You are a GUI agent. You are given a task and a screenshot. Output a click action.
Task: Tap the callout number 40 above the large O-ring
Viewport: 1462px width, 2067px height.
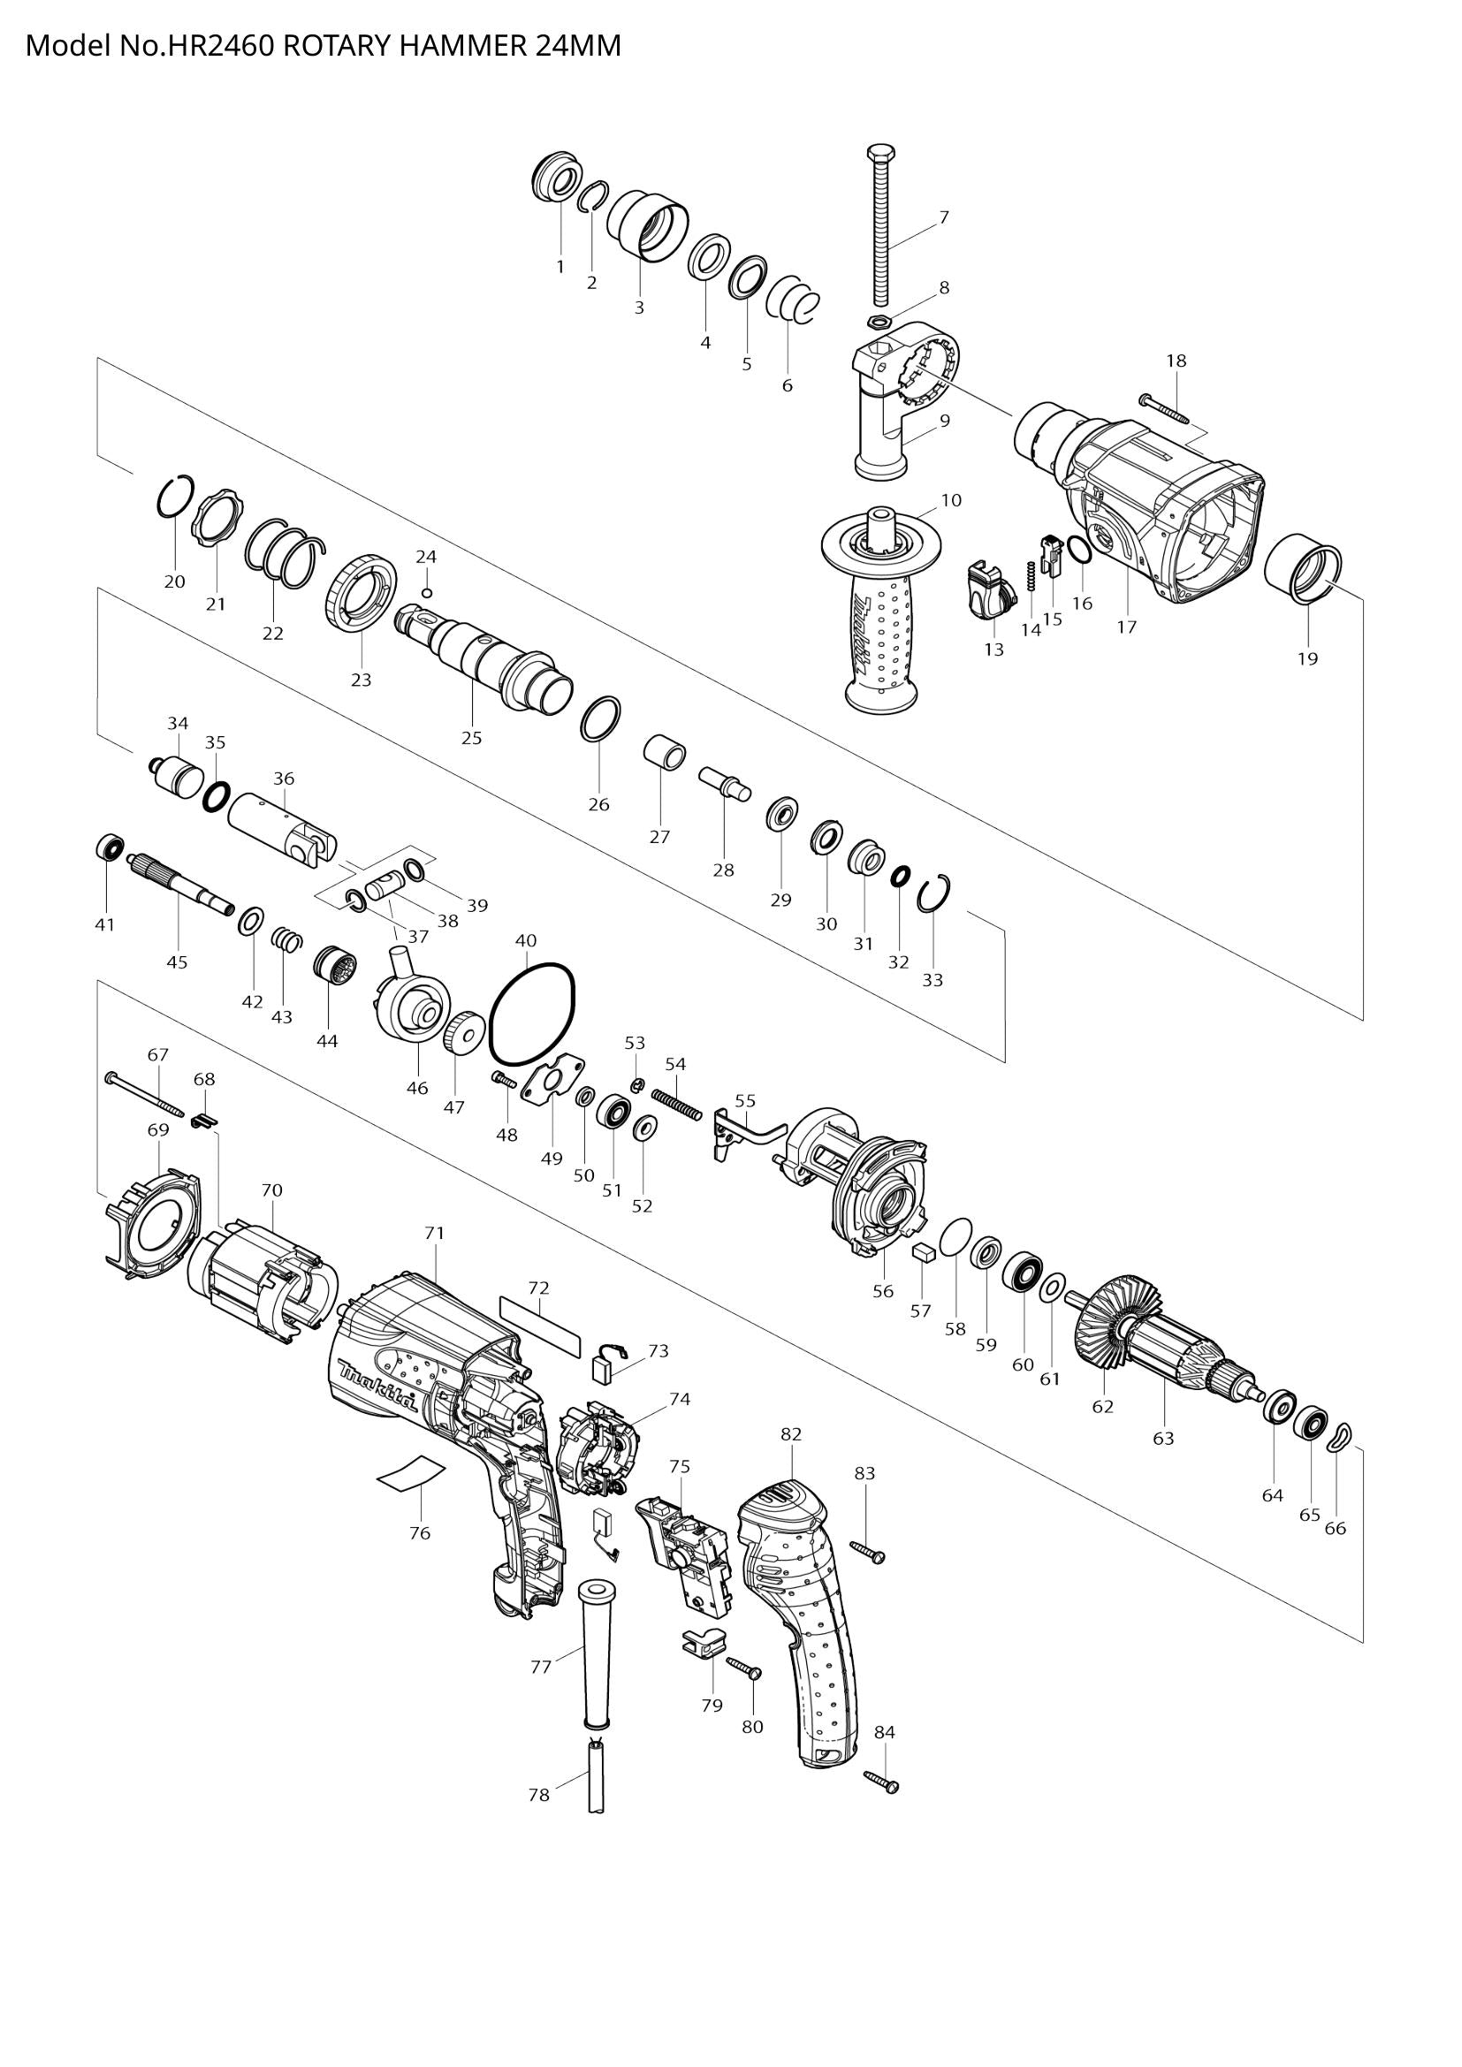[526, 941]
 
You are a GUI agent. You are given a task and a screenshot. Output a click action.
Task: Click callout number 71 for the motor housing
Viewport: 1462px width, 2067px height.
[434, 1233]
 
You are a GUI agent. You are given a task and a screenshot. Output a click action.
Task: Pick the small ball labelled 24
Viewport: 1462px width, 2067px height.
[428, 592]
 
